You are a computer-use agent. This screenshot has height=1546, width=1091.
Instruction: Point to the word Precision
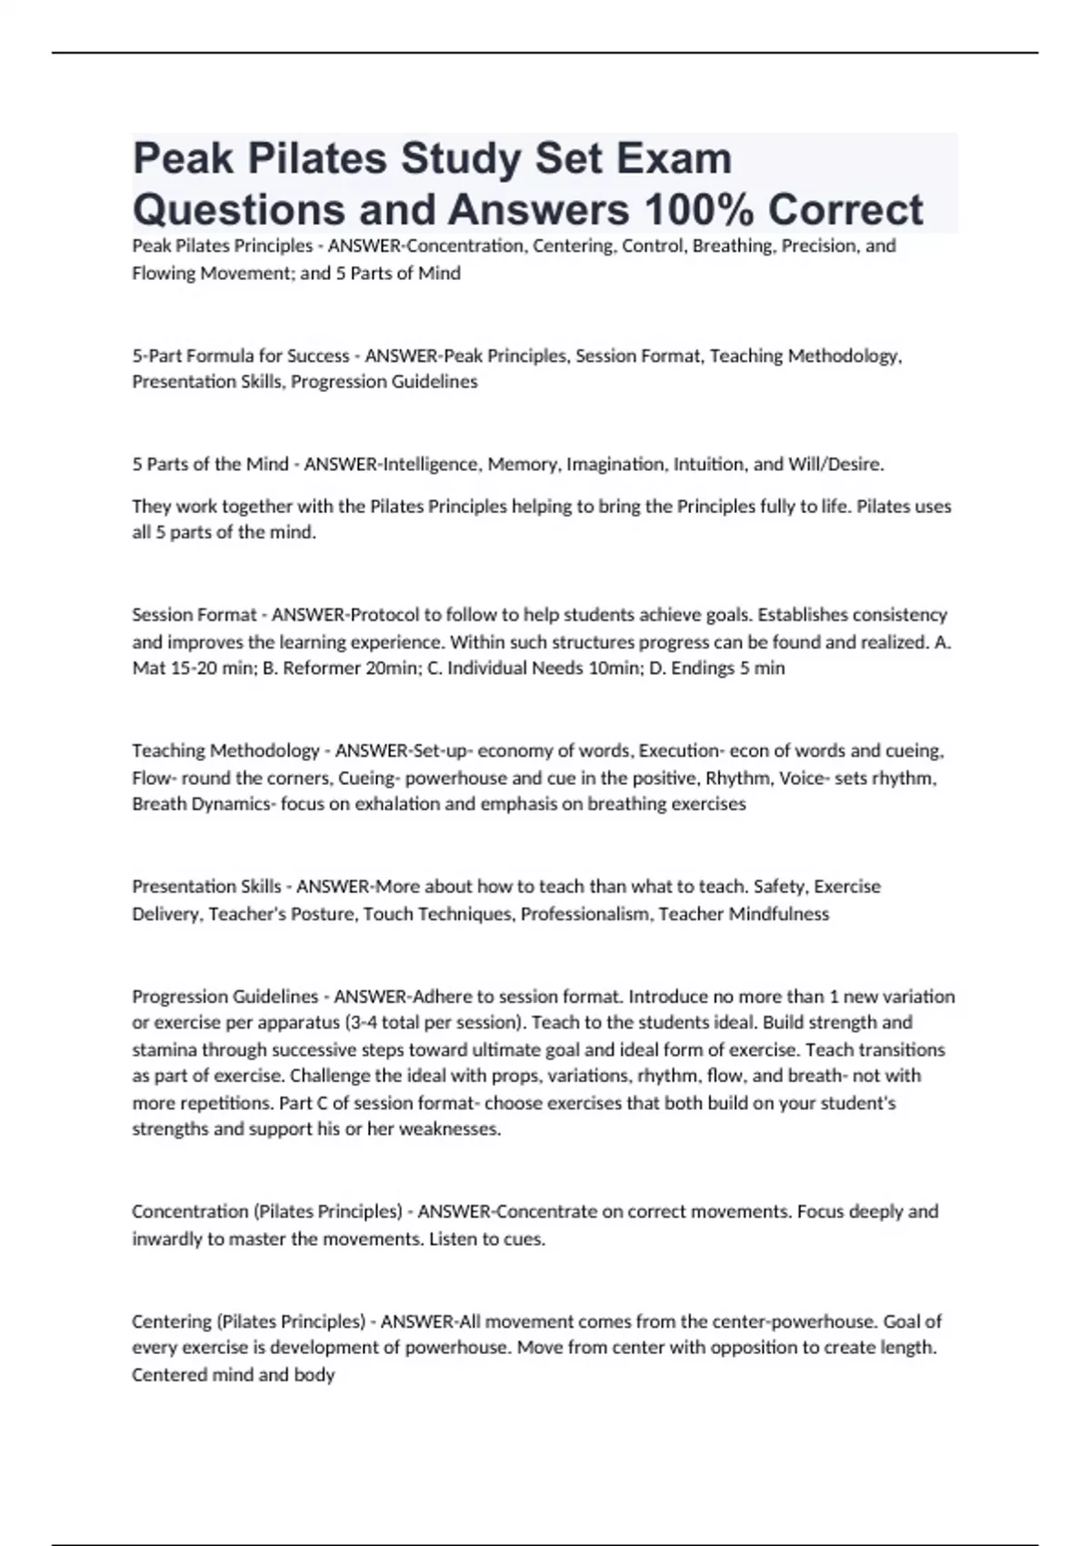[816, 246]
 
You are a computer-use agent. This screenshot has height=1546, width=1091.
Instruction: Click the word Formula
[225, 356]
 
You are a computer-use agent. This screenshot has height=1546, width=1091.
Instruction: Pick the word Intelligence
[432, 465]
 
